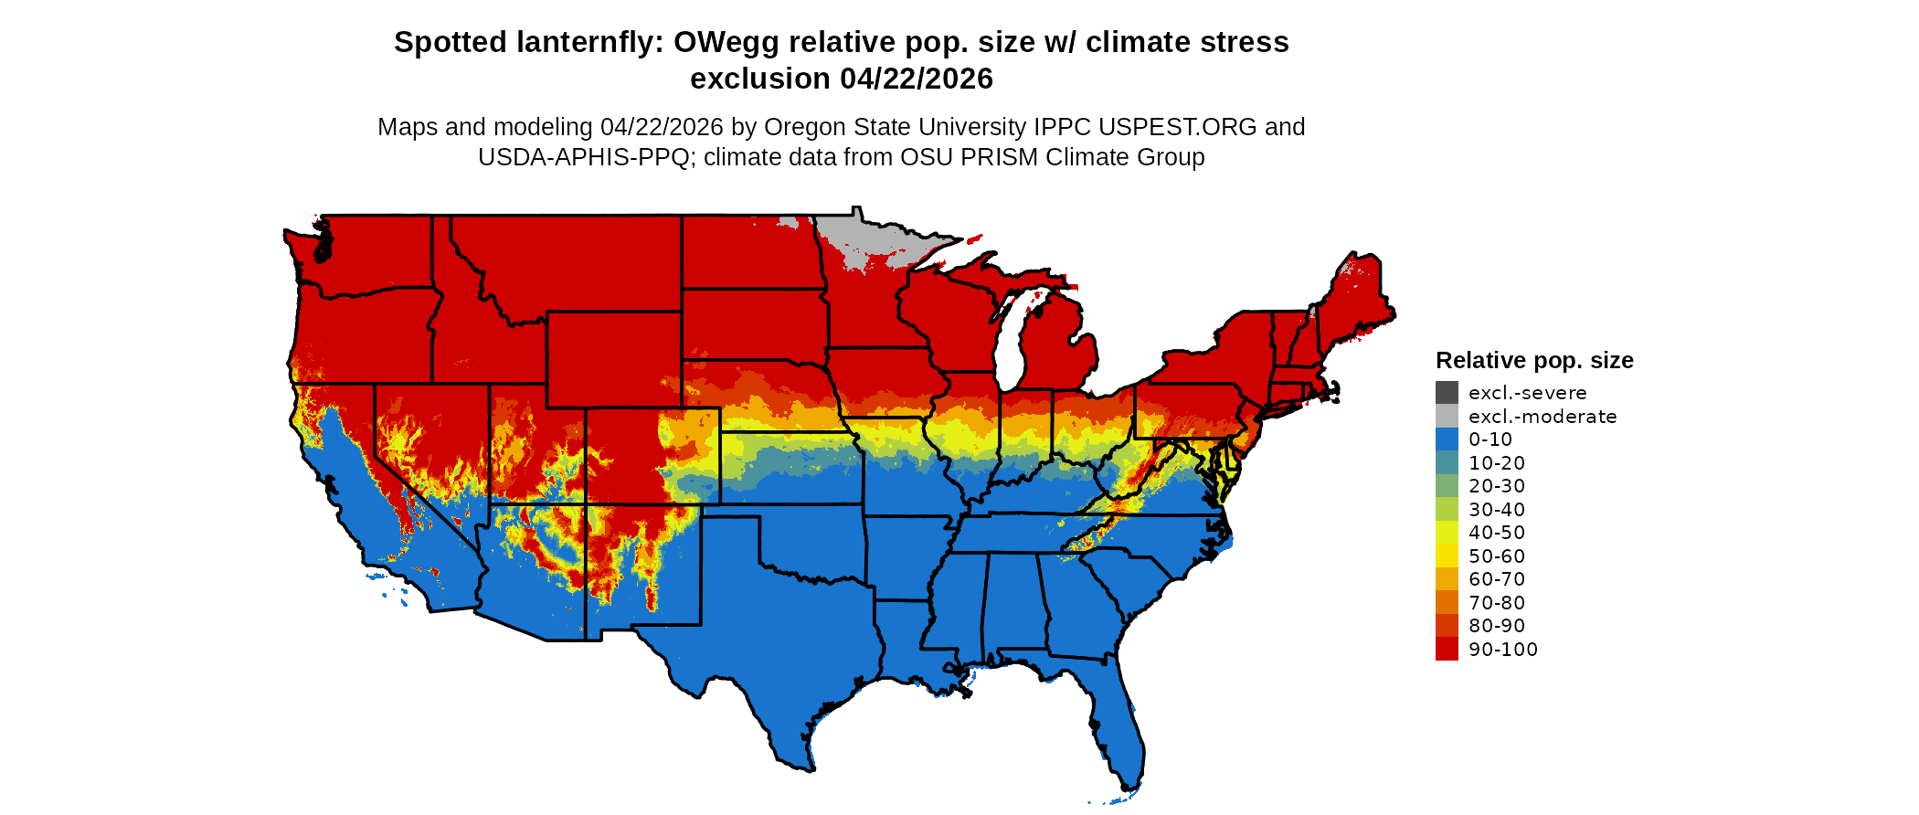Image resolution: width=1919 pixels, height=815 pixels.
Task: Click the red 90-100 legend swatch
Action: [x=1447, y=649]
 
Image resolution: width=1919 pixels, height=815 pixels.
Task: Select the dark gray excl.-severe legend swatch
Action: [x=1447, y=393]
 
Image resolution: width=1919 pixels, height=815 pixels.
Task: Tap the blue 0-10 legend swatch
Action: [x=1447, y=439]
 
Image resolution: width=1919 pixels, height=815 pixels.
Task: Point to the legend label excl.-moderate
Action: [x=1542, y=417]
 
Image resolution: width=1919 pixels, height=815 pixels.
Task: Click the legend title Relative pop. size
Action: [x=1533, y=360]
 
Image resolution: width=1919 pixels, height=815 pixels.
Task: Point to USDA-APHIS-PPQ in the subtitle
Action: [x=583, y=157]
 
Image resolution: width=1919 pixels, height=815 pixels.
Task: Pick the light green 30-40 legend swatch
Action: [x=1447, y=509]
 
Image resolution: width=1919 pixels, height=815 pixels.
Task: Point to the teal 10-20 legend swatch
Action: [x=1447, y=462]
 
